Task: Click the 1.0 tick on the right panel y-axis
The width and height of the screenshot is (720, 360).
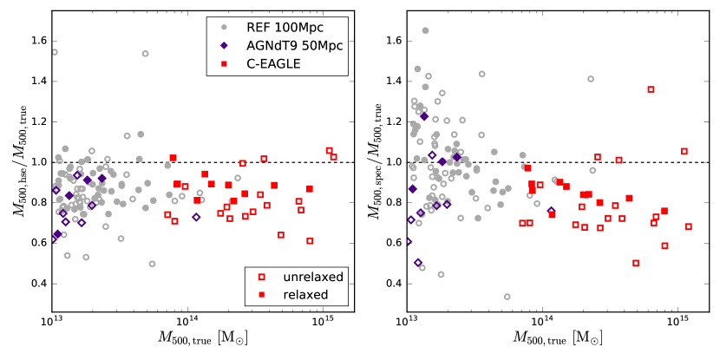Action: coord(390,162)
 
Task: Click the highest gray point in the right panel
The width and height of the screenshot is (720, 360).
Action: coord(425,30)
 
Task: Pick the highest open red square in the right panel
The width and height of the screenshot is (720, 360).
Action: coord(651,89)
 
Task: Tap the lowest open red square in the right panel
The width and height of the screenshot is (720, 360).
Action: coord(636,263)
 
